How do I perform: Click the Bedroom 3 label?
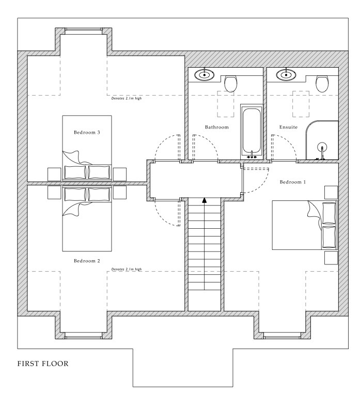[87, 132]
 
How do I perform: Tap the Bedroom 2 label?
[87, 261]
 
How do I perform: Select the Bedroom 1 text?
[293, 182]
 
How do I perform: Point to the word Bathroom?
[217, 127]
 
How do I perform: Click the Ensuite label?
[288, 127]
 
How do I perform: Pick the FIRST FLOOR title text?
[43, 364]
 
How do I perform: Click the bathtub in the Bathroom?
[252, 132]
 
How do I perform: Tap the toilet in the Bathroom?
[230, 84]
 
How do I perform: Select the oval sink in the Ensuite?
[286, 75]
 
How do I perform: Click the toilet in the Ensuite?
[322, 84]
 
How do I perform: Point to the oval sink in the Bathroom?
[205, 75]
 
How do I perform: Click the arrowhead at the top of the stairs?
[205, 200]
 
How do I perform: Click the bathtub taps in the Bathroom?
[252, 156]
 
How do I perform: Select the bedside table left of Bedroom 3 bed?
[54, 175]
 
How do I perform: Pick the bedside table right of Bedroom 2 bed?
[120, 193]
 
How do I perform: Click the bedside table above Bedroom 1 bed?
[331, 193]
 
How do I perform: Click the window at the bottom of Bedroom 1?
[283, 336]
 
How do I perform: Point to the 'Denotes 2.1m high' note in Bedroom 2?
[127, 269]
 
